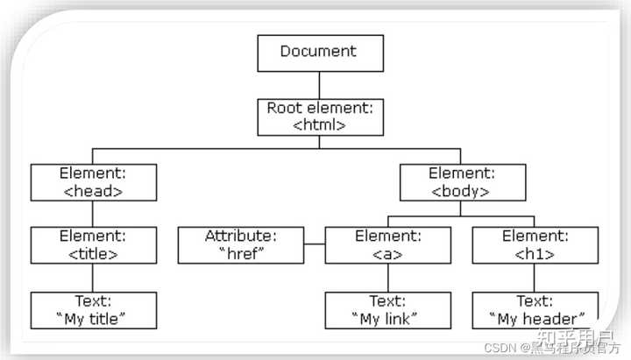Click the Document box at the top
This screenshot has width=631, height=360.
coord(320,53)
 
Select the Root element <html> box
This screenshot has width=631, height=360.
coord(320,116)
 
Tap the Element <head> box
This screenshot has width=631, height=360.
coord(94,181)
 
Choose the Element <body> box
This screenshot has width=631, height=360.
coord(462,181)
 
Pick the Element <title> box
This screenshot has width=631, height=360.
coord(94,245)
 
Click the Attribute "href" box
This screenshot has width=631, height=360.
coord(241,245)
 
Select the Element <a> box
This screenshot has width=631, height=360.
coord(388,245)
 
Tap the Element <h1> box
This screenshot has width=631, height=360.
coord(535,245)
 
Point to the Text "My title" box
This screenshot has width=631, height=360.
coord(94,310)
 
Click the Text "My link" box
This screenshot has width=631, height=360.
coord(388,310)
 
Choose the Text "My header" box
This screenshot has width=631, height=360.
coord(535,310)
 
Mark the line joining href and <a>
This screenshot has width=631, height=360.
coord(315,245)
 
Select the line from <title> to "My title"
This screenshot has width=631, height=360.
coord(94,278)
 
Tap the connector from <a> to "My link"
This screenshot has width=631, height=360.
coord(388,278)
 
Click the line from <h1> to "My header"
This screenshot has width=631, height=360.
coord(535,278)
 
